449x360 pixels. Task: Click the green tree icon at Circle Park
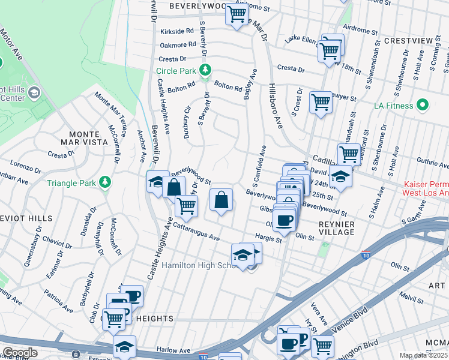point(205,71)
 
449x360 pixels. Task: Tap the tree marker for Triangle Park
point(105,181)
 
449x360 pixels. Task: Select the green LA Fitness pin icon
point(423,106)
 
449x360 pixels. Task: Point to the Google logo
point(19,352)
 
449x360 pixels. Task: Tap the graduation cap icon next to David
point(340,177)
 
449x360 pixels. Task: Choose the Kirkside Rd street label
point(177,30)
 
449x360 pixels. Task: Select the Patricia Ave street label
point(62,302)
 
